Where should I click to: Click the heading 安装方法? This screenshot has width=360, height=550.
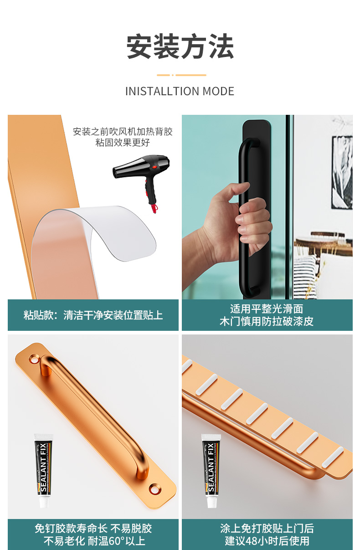pos(180,46)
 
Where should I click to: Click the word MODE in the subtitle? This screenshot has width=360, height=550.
pos(218,91)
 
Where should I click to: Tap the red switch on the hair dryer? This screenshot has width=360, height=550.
pos(154,167)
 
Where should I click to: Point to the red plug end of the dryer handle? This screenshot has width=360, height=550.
pos(154,208)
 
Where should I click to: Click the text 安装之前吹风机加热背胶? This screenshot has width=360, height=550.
pos(123,132)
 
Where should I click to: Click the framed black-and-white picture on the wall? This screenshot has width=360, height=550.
pos(342,172)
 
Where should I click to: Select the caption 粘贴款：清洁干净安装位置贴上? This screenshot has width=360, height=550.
pos(93,315)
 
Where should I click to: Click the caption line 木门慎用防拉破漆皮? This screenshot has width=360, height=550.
pos(267,321)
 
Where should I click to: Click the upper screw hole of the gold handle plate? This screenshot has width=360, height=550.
pos(34,360)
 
